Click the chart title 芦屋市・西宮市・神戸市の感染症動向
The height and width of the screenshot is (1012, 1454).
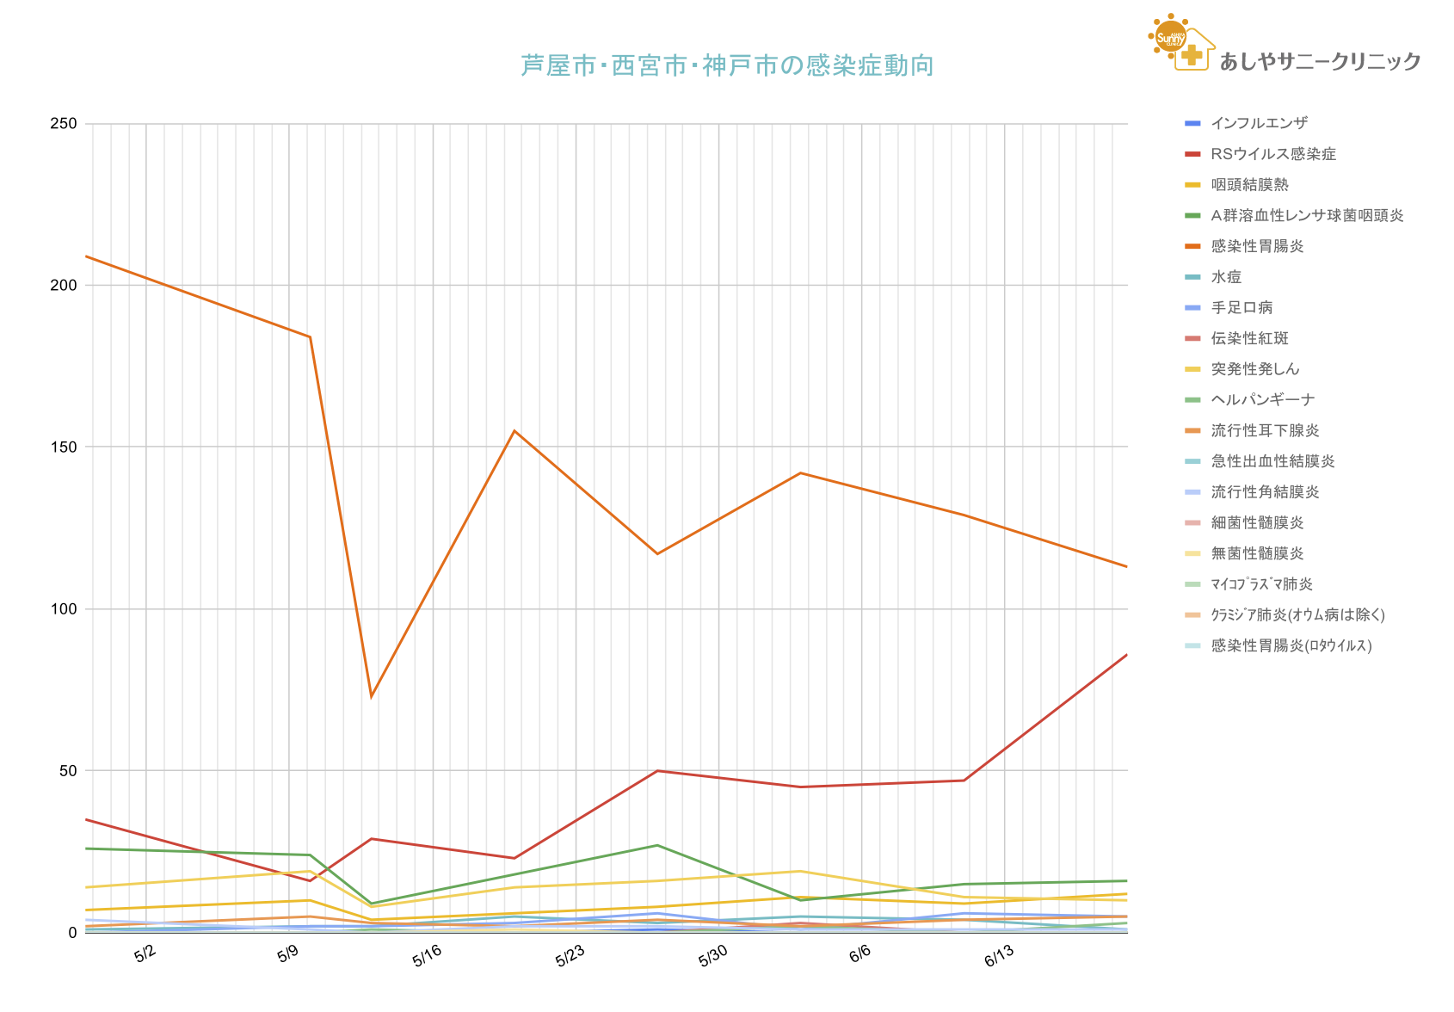point(727,65)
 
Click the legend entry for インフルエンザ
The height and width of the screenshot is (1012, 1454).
point(1259,123)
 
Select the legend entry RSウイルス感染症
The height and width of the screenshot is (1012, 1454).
point(1272,154)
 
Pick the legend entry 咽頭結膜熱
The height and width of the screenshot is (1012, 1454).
point(1249,185)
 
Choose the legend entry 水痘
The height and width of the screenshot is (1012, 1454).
point(1226,277)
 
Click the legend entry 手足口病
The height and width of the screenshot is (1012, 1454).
point(1241,308)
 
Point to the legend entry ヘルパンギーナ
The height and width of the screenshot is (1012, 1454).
point(1262,400)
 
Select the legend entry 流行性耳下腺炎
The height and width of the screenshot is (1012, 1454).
point(1265,430)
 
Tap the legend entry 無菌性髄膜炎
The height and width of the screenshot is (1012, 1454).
point(1257,553)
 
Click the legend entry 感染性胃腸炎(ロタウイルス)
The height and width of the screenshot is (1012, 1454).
point(1291,645)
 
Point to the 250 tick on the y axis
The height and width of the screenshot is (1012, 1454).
point(64,124)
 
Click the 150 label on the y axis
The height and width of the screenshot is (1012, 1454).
point(64,447)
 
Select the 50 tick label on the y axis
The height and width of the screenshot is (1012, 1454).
point(68,771)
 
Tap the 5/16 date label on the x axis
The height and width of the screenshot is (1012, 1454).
point(427,955)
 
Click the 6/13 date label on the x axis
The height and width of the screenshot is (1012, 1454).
point(999,955)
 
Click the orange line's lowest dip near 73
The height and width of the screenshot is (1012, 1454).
point(371,696)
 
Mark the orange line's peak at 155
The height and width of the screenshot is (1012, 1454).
point(514,431)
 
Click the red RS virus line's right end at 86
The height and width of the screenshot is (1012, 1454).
point(1126,655)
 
